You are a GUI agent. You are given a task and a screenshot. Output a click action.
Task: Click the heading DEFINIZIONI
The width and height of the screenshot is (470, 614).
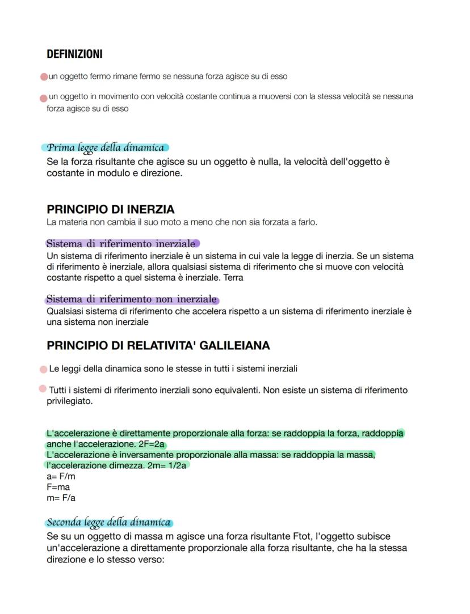pos(74,54)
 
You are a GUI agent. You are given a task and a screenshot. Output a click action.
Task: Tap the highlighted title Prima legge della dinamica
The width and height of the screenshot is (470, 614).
pos(106,147)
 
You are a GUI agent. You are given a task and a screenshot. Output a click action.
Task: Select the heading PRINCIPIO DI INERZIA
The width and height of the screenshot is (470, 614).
pos(110,209)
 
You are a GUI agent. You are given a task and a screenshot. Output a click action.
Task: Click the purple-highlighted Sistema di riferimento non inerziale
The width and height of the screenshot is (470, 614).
pos(132,299)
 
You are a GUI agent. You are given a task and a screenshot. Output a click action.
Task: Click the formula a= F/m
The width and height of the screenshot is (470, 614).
pos(61,476)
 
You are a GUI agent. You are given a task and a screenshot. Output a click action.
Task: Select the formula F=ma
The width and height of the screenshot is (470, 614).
pos(58,487)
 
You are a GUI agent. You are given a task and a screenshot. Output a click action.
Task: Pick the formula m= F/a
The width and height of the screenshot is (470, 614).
pos(61,498)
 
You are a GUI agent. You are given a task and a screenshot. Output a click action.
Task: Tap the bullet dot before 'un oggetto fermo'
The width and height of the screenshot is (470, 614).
pos(43,77)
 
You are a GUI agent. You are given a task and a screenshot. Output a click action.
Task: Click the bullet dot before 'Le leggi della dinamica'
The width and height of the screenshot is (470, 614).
pos(43,370)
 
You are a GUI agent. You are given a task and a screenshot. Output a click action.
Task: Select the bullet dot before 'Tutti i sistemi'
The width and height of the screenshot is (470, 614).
pos(43,389)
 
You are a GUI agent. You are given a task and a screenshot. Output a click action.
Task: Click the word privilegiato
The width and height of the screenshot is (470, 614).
pos(69,401)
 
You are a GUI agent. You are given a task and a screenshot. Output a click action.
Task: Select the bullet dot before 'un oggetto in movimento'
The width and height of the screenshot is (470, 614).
pos(43,98)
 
